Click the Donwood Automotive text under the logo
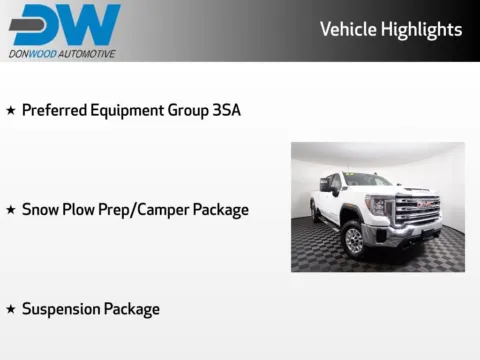click(x=61, y=53)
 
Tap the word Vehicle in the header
click(x=348, y=29)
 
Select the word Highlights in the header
click(x=421, y=30)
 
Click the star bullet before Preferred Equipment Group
click(x=10, y=110)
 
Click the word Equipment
click(x=128, y=110)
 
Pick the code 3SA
click(x=226, y=110)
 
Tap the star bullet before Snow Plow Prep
click(x=10, y=210)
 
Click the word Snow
click(x=40, y=210)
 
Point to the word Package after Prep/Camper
click(x=219, y=210)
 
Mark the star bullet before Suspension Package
click(x=10, y=310)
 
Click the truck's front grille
click(x=417, y=208)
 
